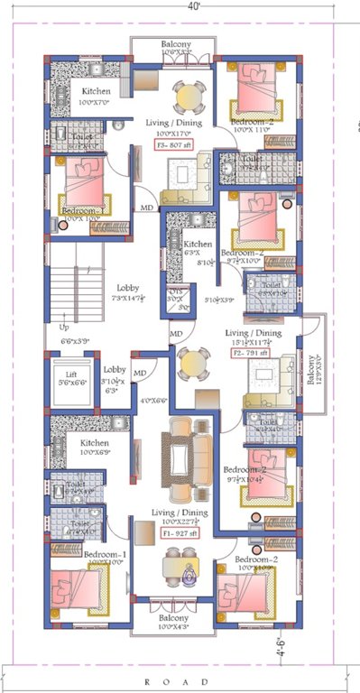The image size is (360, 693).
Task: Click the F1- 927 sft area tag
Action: click(x=180, y=533)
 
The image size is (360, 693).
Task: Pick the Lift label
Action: click(x=68, y=376)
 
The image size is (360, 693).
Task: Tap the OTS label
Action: click(x=176, y=292)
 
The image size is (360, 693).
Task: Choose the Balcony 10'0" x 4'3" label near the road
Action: click(x=176, y=620)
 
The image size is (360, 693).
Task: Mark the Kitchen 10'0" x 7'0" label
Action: click(x=97, y=97)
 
